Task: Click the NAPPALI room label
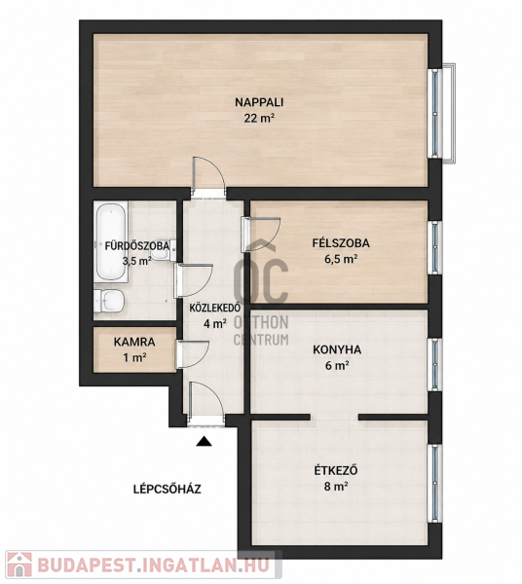coord(259,102)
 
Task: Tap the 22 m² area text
coord(259,119)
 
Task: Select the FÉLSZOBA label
coord(341,242)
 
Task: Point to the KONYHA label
coord(337,349)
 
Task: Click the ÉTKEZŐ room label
coord(336,470)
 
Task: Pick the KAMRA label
coord(134,342)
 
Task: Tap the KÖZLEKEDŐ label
coord(214,308)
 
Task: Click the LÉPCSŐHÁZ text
coord(168,489)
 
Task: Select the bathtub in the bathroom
coord(111,241)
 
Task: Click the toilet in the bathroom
coord(108,301)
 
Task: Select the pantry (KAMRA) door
coord(192,354)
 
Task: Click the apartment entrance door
coord(205,403)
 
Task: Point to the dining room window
coord(435,484)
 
